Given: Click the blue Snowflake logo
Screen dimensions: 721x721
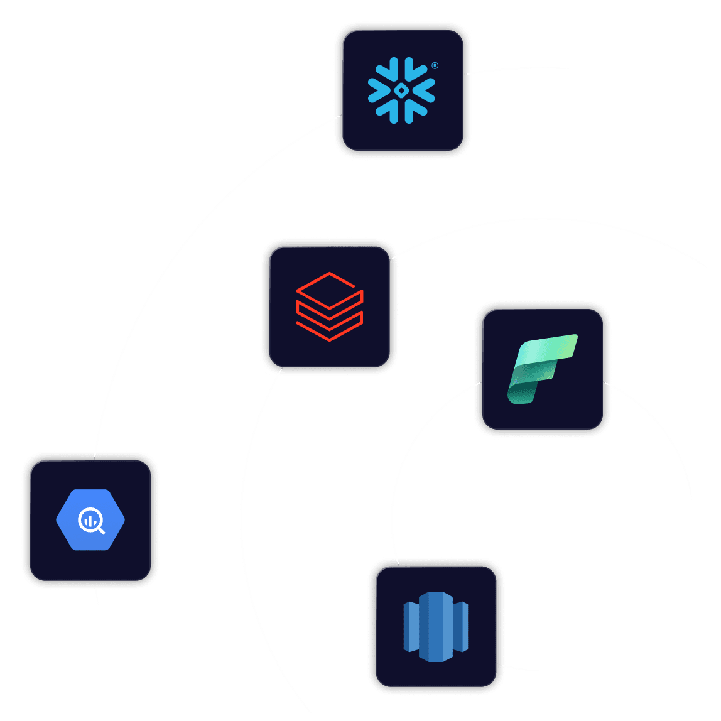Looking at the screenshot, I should (401, 90).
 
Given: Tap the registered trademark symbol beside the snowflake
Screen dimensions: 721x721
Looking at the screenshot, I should (435, 65).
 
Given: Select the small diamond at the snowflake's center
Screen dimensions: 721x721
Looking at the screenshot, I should (401, 90).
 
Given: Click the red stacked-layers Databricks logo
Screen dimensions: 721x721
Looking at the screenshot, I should (329, 306).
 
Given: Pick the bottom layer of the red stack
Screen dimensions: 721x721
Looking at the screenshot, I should (329, 329).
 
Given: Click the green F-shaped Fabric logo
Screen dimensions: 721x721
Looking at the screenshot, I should (541, 369).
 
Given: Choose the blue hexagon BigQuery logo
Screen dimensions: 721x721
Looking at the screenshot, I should (90, 520).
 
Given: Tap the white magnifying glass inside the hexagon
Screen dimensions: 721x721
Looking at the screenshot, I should (91, 521).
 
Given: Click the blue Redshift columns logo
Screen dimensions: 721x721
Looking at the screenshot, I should (435, 626).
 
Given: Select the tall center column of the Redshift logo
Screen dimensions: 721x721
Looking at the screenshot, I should (435, 626).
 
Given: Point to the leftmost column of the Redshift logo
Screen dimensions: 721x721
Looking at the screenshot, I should (411, 626).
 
